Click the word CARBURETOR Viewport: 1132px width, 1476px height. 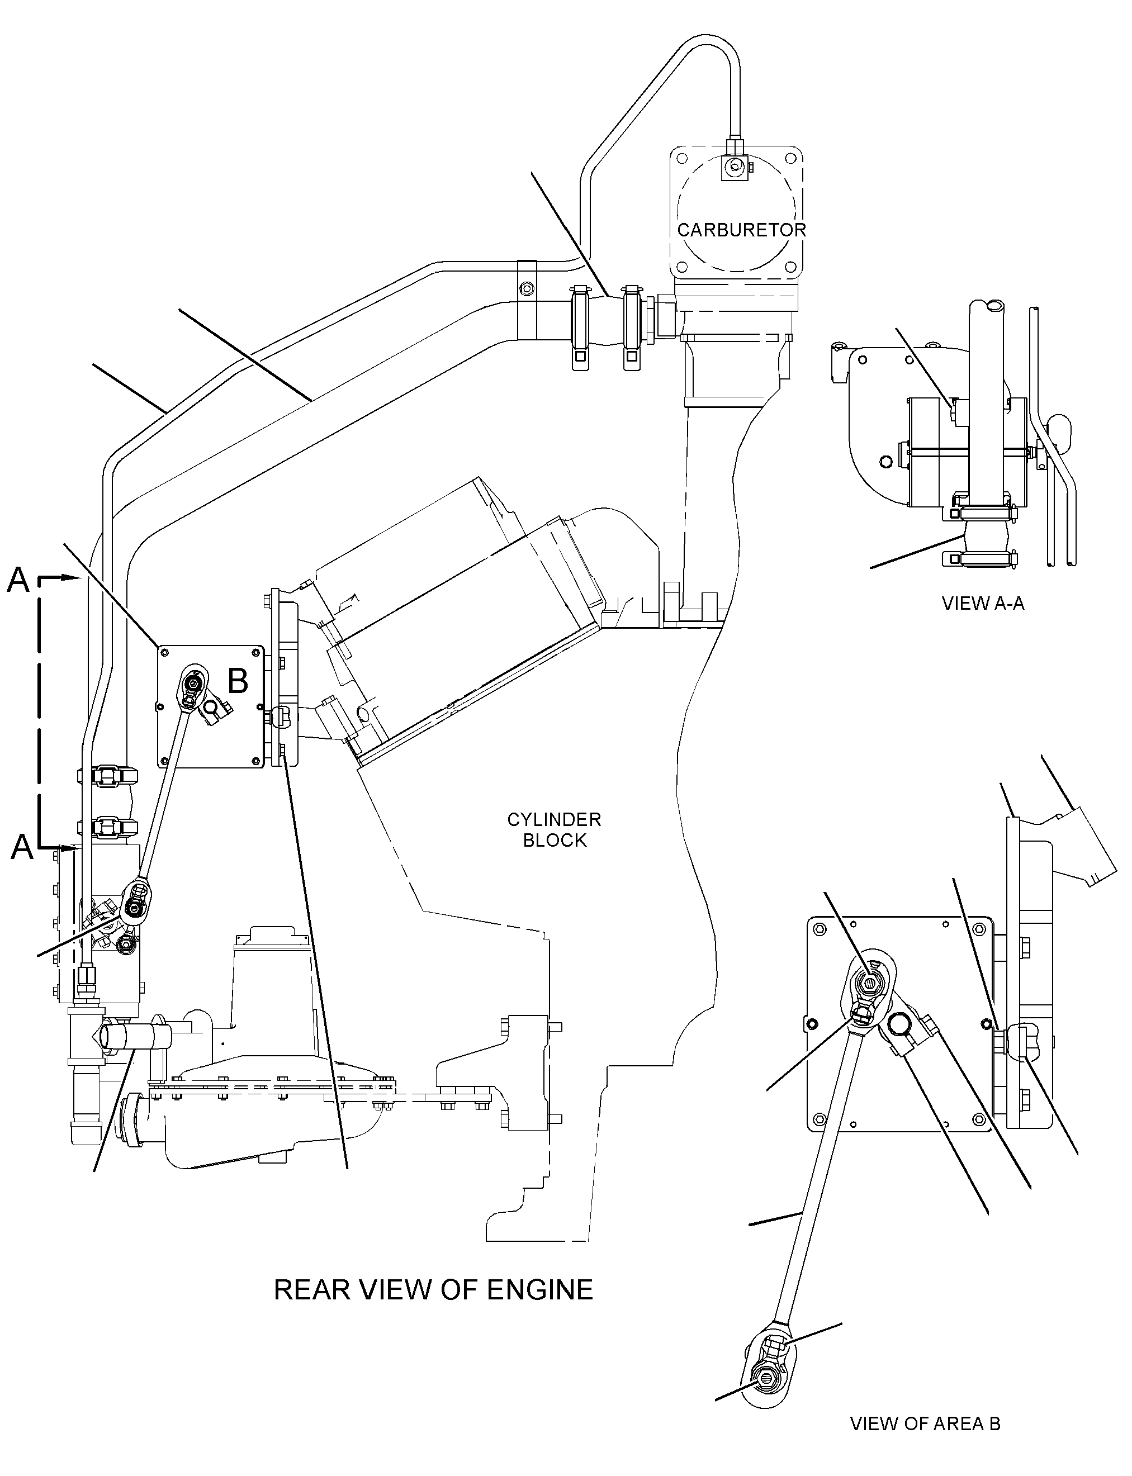click(x=741, y=230)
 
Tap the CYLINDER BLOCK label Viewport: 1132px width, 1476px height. click(x=555, y=830)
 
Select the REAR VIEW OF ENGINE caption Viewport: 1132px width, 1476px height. click(x=433, y=1289)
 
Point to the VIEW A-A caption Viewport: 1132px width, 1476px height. click(x=983, y=603)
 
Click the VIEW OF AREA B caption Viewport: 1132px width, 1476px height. click(x=925, y=1423)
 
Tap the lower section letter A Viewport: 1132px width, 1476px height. click(x=22, y=847)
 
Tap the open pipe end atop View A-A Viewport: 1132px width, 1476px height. click(x=986, y=306)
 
